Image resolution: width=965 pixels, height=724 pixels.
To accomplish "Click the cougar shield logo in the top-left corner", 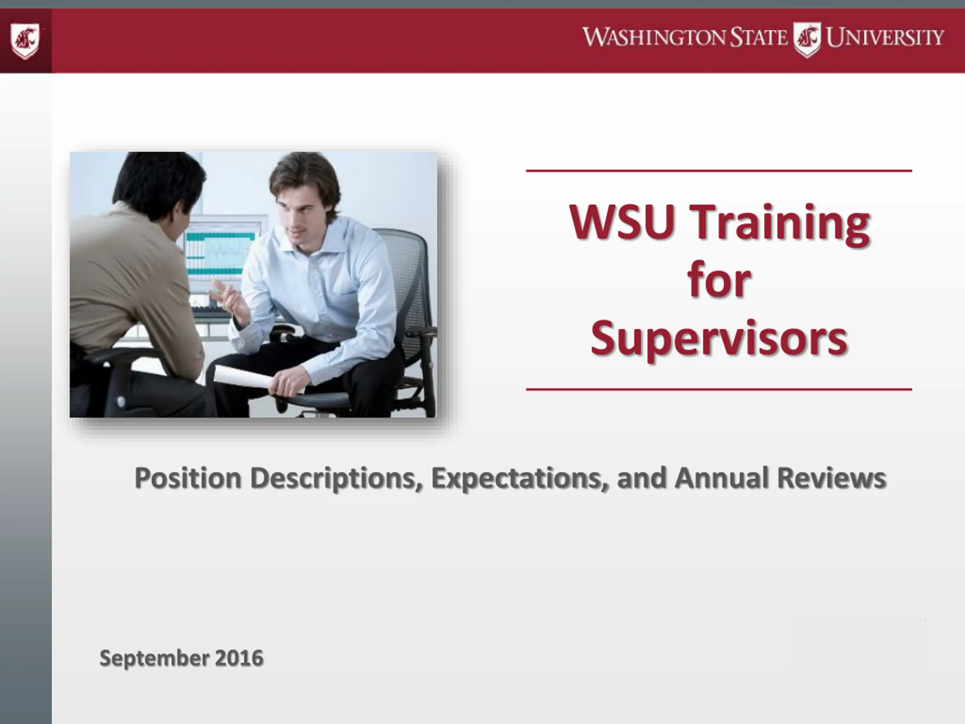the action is click(25, 41).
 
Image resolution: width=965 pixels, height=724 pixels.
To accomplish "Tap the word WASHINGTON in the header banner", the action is click(655, 37).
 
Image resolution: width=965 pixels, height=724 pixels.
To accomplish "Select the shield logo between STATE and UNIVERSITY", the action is click(807, 40).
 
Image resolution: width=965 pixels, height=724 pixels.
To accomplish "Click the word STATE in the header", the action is click(759, 37).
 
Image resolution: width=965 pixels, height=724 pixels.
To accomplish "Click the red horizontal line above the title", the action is click(719, 171).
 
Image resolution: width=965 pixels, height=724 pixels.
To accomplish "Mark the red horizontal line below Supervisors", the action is click(719, 389).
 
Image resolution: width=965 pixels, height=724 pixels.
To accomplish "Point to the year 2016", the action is click(239, 658).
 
